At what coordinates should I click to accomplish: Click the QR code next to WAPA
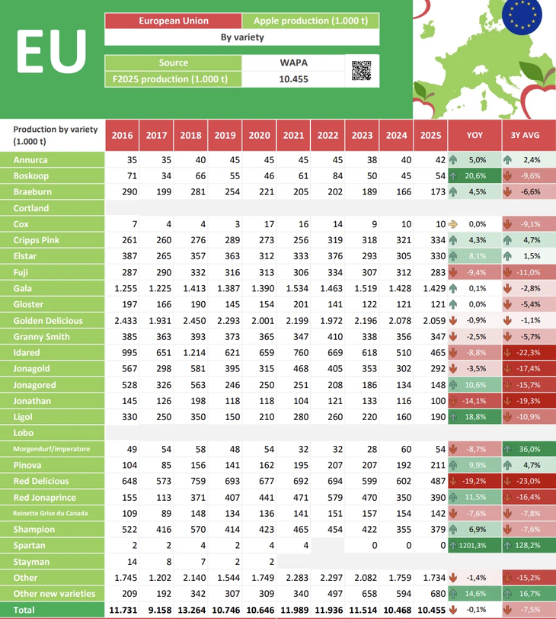(362, 70)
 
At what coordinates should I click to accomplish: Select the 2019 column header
(225, 136)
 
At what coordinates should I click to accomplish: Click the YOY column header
(475, 136)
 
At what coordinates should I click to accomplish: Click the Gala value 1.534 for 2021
(293, 289)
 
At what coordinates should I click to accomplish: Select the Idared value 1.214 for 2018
(190, 353)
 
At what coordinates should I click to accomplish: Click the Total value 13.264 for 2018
(190, 611)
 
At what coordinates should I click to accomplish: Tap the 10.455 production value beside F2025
(293, 79)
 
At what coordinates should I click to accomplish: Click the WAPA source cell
(293, 63)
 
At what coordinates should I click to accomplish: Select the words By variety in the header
(241, 37)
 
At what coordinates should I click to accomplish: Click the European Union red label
(174, 21)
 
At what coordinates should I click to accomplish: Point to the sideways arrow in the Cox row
(453, 224)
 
